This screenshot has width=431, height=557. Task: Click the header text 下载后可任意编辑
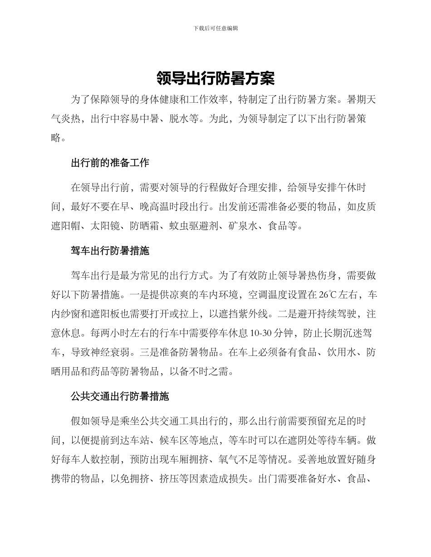pyautogui.click(x=215, y=28)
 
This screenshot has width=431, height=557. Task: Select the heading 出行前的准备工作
pyautogui.click(x=110, y=163)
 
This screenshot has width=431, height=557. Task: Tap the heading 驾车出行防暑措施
pyautogui.click(x=110, y=250)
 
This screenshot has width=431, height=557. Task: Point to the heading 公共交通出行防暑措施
pyautogui.click(x=120, y=397)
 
